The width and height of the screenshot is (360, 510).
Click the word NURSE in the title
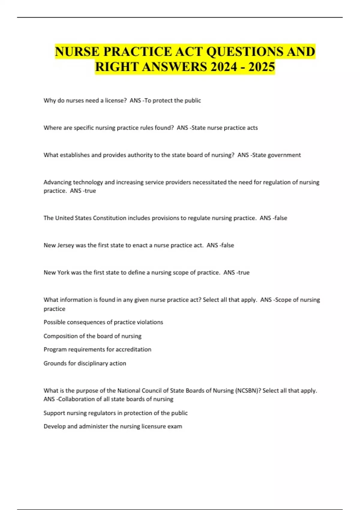click(x=77, y=52)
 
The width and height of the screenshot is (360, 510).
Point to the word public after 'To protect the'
click(x=193, y=100)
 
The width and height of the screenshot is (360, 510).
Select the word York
click(x=63, y=273)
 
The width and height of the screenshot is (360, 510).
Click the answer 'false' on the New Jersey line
click(x=227, y=245)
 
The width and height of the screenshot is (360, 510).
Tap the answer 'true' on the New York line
click(x=244, y=273)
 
